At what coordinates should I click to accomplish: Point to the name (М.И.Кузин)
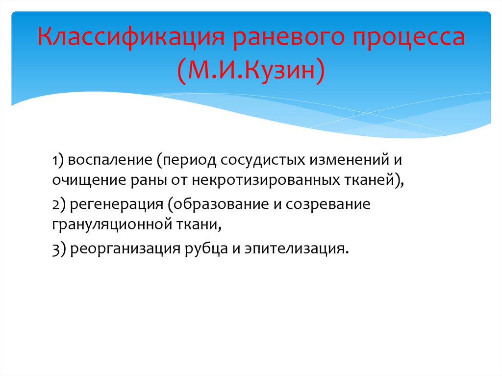(x=251, y=69)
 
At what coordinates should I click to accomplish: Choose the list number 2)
(x=59, y=204)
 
